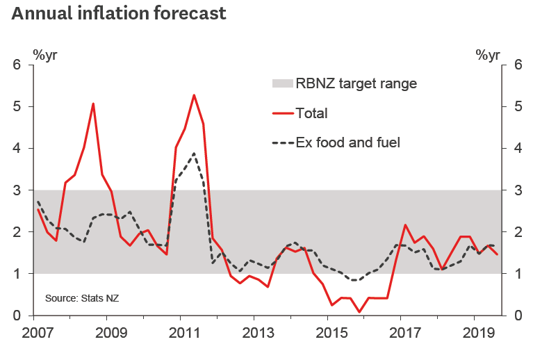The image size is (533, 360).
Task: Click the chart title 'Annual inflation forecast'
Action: pyautogui.click(x=117, y=13)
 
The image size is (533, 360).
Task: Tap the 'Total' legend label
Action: pyautogui.click(x=311, y=113)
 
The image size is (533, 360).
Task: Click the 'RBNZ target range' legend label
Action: pyautogui.click(x=356, y=84)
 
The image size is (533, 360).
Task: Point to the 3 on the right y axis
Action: pyautogui.click(x=516, y=190)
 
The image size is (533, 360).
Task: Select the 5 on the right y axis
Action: pyautogui.click(x=516, y=107)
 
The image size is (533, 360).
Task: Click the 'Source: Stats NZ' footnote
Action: pyautogui.click(x=83, y=298)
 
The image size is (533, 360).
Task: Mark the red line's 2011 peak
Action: pyautogui.click(x=194, y=95)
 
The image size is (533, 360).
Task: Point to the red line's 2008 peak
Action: pyautogui.click(x=93, y=104)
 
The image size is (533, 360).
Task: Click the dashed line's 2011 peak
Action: pyautogui.click(x=194, y=154)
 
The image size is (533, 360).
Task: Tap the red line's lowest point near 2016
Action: pyautogui.click(x=359, y=312)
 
